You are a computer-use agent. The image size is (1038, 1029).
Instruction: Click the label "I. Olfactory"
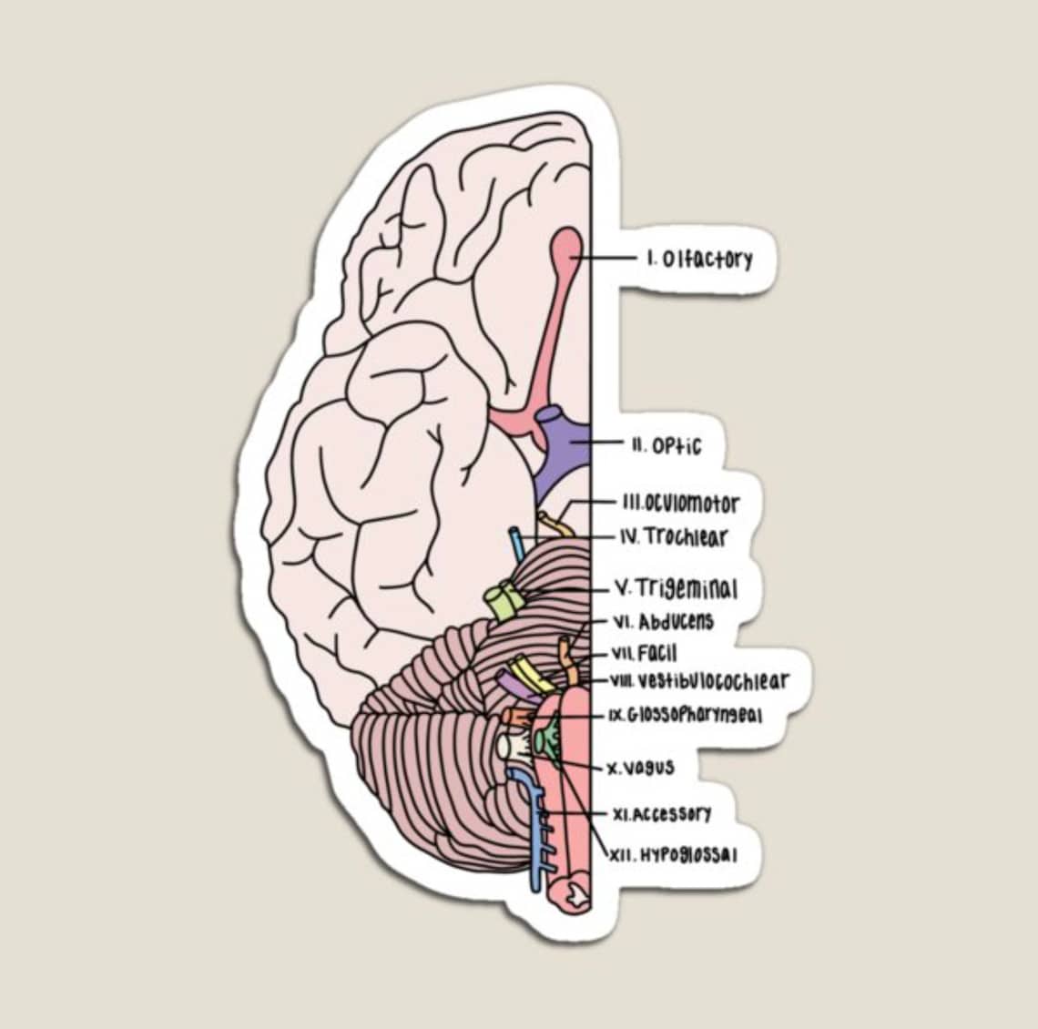[x=700, y=260]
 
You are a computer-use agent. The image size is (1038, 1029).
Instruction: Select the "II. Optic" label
[x=667, y=446]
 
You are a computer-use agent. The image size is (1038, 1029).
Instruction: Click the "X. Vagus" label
[x=642, y=768]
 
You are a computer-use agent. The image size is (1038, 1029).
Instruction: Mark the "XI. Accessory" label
[x=663, y=813]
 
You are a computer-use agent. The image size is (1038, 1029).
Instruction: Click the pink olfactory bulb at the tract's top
[x=565, y=248]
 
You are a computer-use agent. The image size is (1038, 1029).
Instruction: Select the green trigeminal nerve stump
[x=503, y=602]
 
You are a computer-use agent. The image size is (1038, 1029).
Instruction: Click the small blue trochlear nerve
[x=516, y=545]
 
